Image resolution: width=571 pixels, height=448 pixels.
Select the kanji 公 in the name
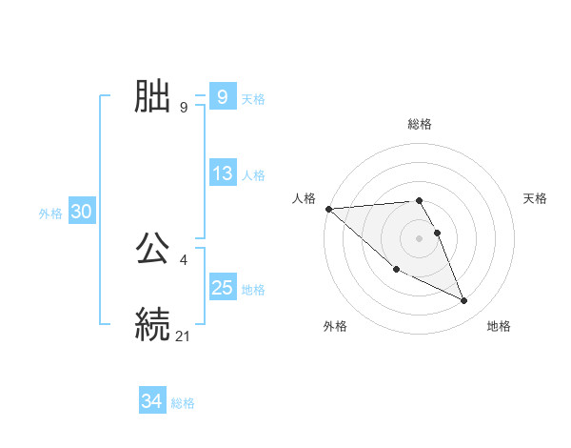(152, 249)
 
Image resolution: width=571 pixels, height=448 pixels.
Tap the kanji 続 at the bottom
(152, 324)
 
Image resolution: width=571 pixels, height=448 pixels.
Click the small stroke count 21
(184, 336)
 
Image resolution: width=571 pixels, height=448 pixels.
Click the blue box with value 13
(223, 173)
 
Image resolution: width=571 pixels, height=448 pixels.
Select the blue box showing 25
(223, 288)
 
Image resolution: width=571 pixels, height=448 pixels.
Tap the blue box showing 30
(81, 213)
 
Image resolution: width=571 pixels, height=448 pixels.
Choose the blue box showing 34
(151, 402)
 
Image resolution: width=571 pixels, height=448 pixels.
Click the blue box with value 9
(223, 97)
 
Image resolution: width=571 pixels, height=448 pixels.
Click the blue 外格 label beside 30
(50, 214)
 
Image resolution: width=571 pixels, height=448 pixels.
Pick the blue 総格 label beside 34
(183, 403)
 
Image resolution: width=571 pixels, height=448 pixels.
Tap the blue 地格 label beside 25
(253, 289)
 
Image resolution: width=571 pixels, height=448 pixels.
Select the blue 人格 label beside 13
(253, 174)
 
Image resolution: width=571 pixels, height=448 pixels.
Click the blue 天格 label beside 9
(253, 98)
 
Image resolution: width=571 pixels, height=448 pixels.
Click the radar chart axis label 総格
(420, 124)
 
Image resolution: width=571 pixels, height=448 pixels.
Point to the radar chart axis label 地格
(499, 327)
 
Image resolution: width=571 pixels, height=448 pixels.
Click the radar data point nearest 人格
(328, 209)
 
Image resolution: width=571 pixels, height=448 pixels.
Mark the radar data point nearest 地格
(464, 301)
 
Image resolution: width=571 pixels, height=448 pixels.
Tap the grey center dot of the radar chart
(420, 238)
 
